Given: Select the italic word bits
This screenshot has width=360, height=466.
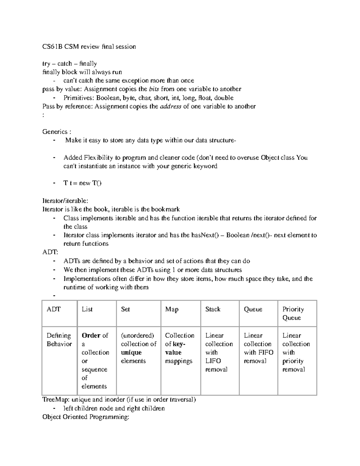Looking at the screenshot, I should (x=154, y=89).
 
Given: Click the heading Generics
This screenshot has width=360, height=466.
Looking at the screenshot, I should (x=55, y=132).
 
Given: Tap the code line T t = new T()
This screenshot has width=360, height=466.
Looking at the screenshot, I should (x=82, y=183).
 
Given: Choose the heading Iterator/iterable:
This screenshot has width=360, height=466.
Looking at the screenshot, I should (x=65, y=201).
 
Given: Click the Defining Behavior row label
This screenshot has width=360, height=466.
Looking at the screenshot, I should (x=59, y=340).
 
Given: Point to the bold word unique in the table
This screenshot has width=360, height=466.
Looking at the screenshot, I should (x=131, y=353).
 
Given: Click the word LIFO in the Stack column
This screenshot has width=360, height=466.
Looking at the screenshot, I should (x=213, y=361).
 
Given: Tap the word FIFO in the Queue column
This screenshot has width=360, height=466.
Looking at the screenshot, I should (x=266, y=353).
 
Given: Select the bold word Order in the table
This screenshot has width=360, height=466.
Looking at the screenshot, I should (x=91, y=335).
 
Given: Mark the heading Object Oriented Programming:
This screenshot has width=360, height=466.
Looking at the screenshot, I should (x=86, y=417).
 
